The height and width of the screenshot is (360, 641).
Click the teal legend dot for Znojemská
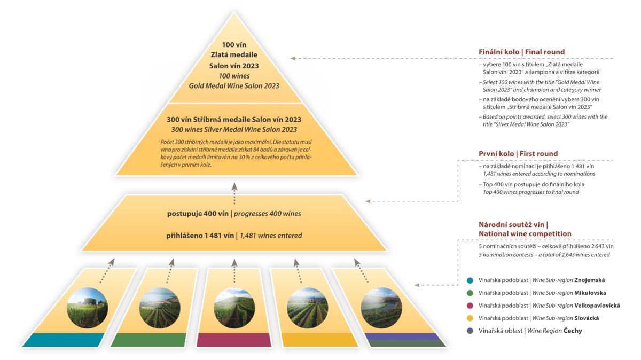(469, 280)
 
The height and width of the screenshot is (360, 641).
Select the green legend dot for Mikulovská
(469, 293)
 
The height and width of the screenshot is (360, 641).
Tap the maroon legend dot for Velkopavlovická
(469, 306)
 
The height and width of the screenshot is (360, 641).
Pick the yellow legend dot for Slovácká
(469, 318)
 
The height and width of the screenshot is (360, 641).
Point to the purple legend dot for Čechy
(469, 331)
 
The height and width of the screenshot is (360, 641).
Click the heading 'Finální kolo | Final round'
(521, 52)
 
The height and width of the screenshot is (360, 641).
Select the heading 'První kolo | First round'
(518, 154)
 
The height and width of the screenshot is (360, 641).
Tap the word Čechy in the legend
(571, 331)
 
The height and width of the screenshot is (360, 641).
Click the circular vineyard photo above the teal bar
(87, 308)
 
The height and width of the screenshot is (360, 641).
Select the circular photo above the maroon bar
(234, 308)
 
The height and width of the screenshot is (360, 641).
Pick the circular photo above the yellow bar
(307, 308)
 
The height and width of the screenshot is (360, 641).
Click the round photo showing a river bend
(381, 308)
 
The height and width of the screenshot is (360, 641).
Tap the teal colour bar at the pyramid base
(64, 340)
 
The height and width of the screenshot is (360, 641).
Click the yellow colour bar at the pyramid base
(319, 340)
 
